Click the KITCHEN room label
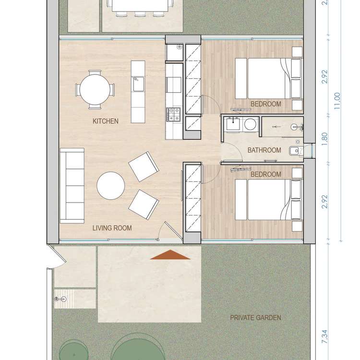tap(106, 121)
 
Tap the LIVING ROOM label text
tap(112, 228)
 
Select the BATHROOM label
tap(264, 150)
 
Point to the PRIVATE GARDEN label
tap(255, 318)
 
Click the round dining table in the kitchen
tap(95, 90)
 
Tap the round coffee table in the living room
tap(111, 185)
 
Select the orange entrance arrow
tap(170, 255)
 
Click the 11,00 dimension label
tap(337, 101)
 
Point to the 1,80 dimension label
tap(325, 139)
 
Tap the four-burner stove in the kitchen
tap(173, 114)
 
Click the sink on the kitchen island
tap(138, 84)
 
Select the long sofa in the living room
tap(72, 186)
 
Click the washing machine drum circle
tap(250, 124)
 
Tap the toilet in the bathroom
tap(295, 151)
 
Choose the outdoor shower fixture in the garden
tap(60, 299)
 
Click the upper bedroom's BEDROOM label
tap(266, 104)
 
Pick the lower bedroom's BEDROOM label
tap(266, 174)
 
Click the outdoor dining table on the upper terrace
tap(140, 6)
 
